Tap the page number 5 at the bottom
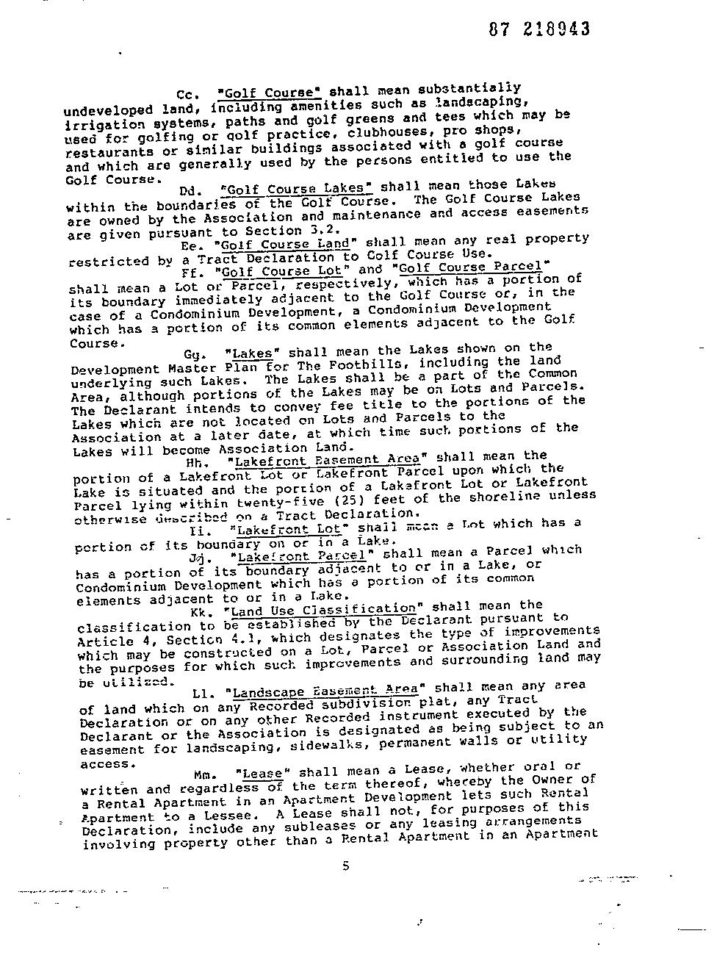coord(345,866)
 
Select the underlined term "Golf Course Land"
coord(284,245)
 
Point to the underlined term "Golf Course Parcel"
coord(471,267)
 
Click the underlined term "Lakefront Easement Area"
coord(327,461)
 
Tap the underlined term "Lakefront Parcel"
coord(301,556)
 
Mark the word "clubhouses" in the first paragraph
coord(386,133)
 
